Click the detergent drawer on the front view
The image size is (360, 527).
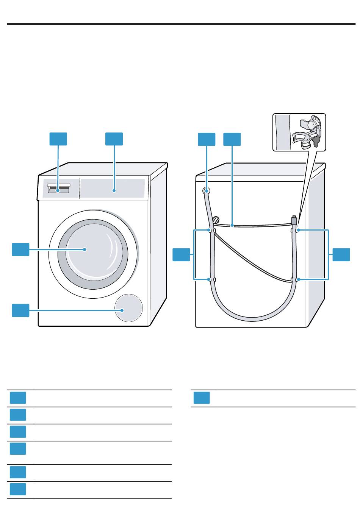coord(58,189)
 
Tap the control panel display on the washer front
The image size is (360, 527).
coord(113,188)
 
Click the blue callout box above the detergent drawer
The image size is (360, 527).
coord(58,139)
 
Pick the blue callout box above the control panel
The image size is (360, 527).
coord(114,139)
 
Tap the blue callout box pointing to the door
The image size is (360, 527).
coord(20,250)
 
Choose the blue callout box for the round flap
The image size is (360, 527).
coord(20,310)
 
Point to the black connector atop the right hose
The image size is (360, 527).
coord(294,220)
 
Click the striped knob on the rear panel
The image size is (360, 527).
coord(216,220)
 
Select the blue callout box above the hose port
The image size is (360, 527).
coord(207,139)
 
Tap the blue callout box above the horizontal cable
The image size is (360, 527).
coord(232,139)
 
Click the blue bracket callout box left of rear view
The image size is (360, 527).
coord(181,254)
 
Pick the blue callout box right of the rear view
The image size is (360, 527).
coord(341,254)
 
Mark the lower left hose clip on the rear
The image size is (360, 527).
coord(209,280)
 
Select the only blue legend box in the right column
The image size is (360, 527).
coord(202,398)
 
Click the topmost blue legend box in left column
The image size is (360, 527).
coord(18,398)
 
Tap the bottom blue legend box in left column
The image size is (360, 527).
coord(18,489)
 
